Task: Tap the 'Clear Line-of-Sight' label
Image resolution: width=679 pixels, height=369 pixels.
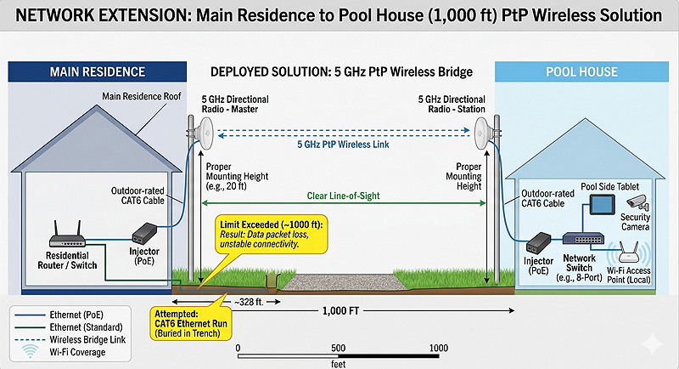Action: [x=345, y=196]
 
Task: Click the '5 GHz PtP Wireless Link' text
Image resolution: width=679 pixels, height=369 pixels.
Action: [x=344, y=145]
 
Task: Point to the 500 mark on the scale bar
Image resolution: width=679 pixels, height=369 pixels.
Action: [x=338, y=349]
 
